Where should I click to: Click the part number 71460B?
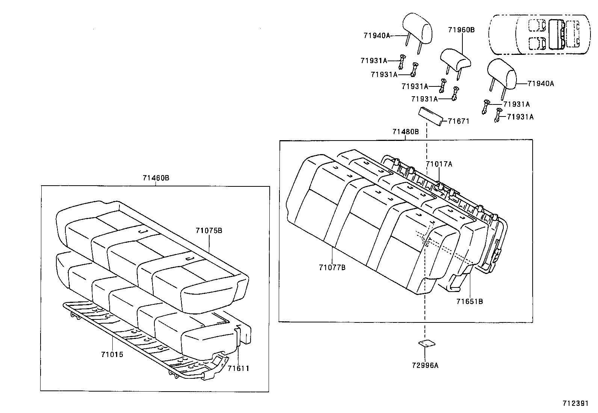click(x=156, y=178)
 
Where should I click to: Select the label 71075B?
click(x=208, y=230)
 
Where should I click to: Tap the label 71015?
click(x=112, y=354)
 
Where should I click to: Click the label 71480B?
click(x=405, y=132)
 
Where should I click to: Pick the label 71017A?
click(x=439, y=164)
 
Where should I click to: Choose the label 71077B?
click(x=332, y=268)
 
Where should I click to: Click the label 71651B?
click(x=470, y=301)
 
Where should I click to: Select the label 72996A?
click(x=425, y=365)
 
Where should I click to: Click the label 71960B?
click(x=461, y=30)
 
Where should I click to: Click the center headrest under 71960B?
click(x=455, y=60)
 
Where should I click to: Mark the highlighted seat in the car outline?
click(x=557, y=35)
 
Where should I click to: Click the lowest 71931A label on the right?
click(x=520, y=117)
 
